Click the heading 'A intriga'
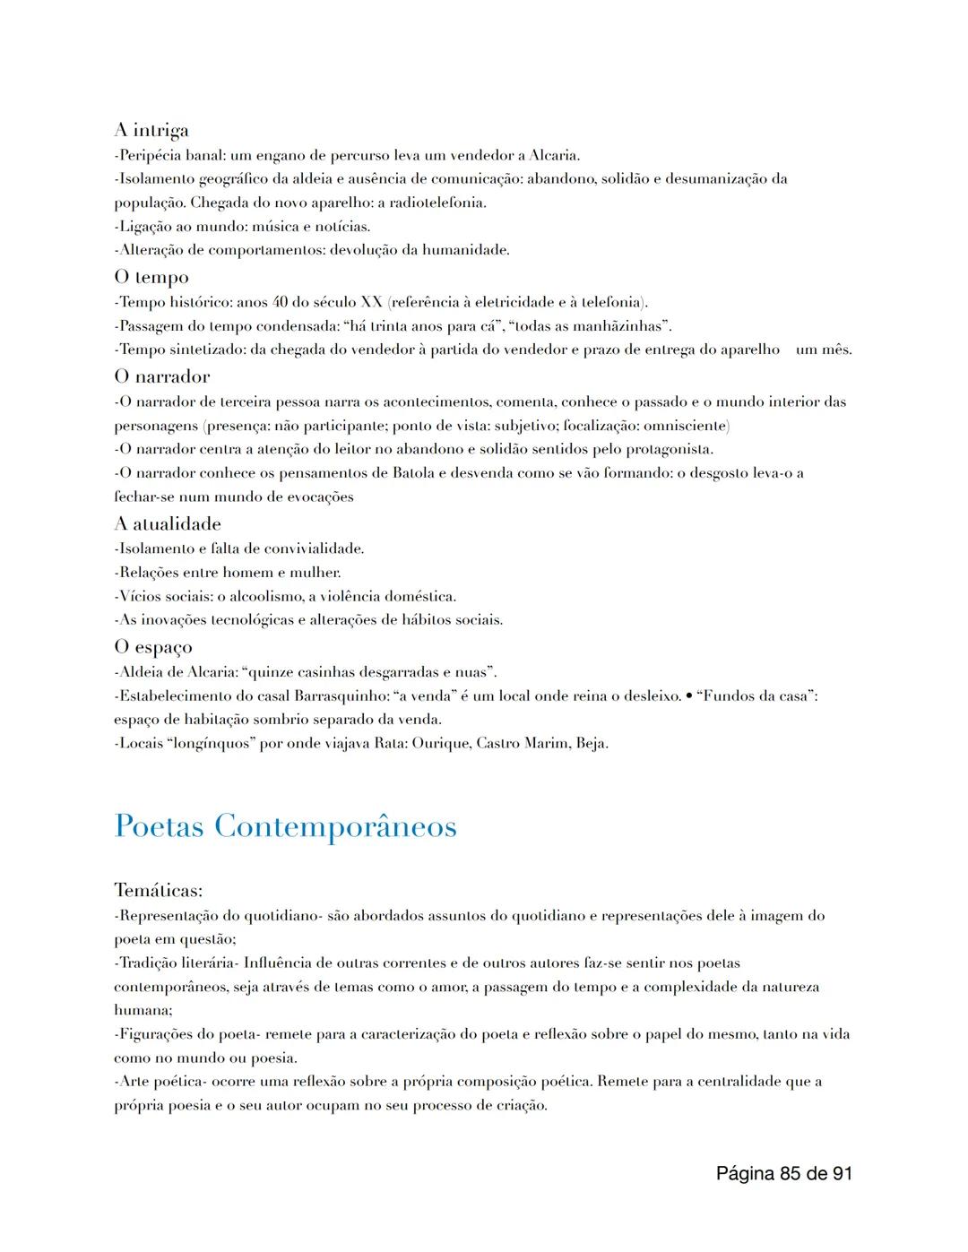pos(151,131)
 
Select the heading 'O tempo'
pos(151,278)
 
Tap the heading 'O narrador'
pos(162,376)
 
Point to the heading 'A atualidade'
pos(168,523)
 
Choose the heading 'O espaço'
pos(153,647)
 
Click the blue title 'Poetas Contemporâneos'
pos(286,826)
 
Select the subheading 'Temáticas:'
pos(159,891)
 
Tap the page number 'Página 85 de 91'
pos(784,1173)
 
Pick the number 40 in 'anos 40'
pos(280,302)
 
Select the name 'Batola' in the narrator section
pos(413,473)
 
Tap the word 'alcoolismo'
pos(266,597)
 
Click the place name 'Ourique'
pos(441,744)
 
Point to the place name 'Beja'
pos(589,744)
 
